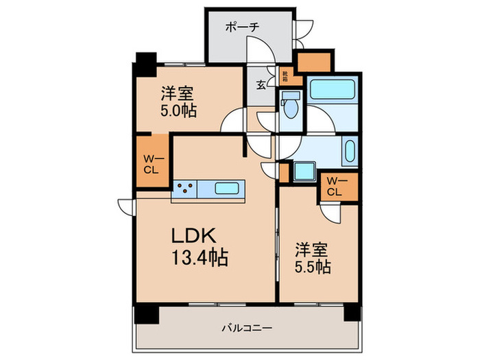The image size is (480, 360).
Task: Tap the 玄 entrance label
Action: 261,85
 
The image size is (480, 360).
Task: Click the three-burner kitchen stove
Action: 184,187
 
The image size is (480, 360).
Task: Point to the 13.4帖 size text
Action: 198,258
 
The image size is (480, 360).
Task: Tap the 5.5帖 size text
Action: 313,266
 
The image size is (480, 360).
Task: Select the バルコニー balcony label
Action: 248,328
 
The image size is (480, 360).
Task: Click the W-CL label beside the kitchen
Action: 152,164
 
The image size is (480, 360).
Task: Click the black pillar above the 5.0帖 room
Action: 145,64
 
